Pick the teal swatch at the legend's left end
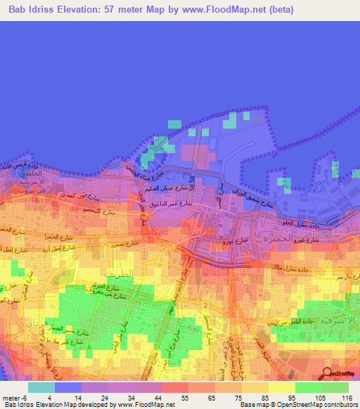(x=41, y=387)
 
